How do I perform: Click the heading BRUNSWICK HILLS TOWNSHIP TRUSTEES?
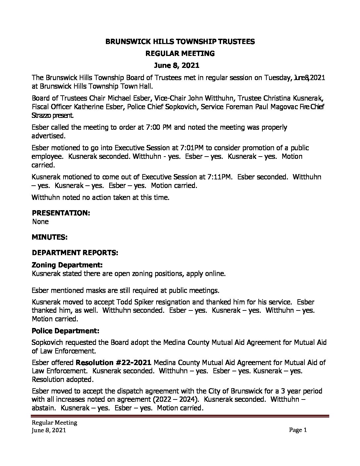[x=180, y=41]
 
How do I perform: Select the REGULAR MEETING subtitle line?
[x=180, y=53]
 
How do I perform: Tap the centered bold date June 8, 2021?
[x=180, y=66]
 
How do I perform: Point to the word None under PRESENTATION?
[x=40, y=221]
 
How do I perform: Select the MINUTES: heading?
[x=50, y=237]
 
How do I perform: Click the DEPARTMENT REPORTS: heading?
[x=74, y=253]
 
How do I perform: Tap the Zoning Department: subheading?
[x=67, y=265]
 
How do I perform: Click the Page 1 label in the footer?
[x=298, y=430]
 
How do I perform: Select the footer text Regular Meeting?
[x=54, y=422]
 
